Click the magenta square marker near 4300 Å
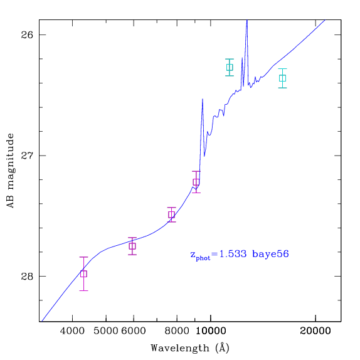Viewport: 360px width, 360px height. [x=83, y=273]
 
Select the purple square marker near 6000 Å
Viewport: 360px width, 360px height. [x=132, y=246]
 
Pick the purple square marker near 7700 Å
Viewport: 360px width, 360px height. [x=171, y=214]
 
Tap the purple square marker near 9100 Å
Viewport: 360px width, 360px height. [x=196, y=182]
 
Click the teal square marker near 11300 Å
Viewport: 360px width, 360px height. [x=230, y=67]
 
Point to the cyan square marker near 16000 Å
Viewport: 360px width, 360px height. [x=283, y=78]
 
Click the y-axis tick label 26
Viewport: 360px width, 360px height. [x=27, y=35]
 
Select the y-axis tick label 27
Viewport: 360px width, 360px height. [x=27, y=156]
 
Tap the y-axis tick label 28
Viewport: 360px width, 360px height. [x=27, y=277]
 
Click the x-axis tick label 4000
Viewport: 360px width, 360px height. [x=72, y=331]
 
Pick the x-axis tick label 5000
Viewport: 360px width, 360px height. [x=105, y=331]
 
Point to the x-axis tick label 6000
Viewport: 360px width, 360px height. [x=134, y=331]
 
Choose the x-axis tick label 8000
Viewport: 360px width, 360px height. [x=177, y=331]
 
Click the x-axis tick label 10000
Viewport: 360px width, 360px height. [x=211, y=331]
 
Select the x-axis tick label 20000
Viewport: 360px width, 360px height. [x=315, y=331]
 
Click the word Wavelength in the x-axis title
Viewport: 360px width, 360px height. [x=180, y=349]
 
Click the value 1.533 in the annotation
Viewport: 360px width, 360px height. [x=233, y=254]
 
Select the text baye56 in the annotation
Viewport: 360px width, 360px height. [x=270, y=255]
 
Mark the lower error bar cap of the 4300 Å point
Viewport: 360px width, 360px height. [x=83, y=290]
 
